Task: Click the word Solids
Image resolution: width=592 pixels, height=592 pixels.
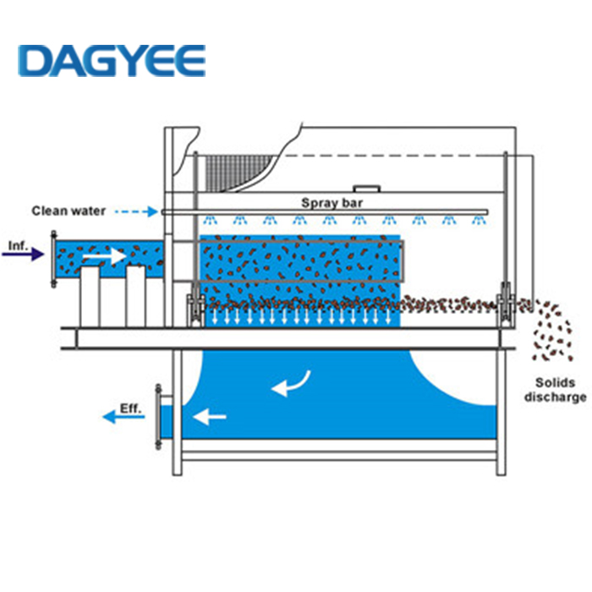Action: point(554,381)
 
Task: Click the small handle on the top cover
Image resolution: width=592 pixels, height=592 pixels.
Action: point(365,189)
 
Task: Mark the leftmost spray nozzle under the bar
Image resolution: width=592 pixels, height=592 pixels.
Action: point(209,222)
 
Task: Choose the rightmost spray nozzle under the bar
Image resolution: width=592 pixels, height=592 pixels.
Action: point(479,222)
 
